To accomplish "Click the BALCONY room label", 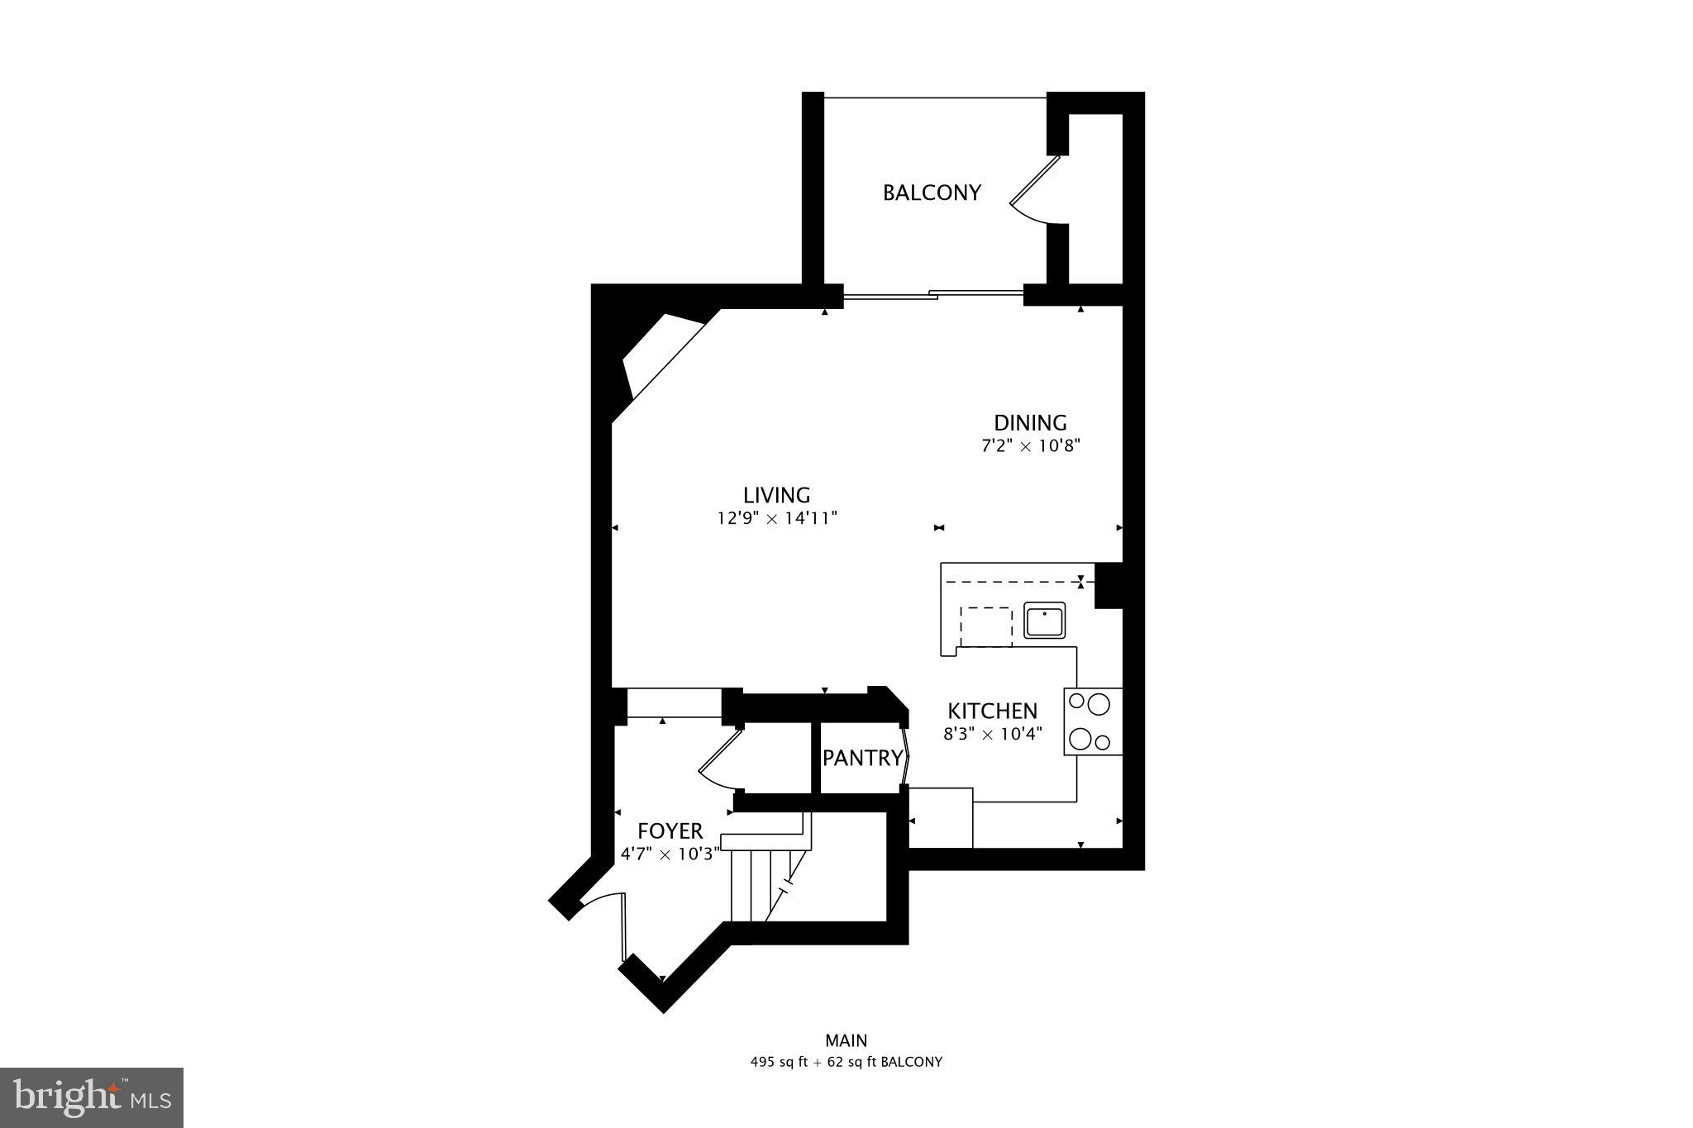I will tap(932, 193).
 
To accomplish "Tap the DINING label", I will tap(1030, 423).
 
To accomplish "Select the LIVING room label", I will tap(776, 495).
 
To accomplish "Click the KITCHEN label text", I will tap(992, 711).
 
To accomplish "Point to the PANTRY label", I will tap(862, 758).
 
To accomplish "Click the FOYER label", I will tap(670, 831).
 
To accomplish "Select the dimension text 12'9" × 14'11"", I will tap(777, 519).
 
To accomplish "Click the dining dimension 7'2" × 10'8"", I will tap(1031, 446).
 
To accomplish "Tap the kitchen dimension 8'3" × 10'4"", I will tap(993, 733).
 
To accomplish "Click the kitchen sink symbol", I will tap(1045, 621).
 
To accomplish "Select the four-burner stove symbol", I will tap(1092, 721).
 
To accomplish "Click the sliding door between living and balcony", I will tap(932, 293).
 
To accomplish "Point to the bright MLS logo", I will tap(92, 1097).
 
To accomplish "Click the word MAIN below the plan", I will tap(846, 1040).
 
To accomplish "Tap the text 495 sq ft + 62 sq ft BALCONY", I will tap(846, 1062).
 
